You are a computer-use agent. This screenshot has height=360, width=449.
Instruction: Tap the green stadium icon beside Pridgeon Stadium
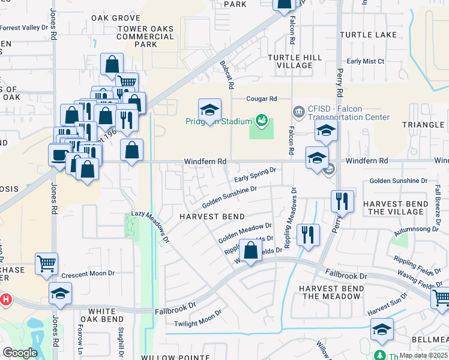(x=261, y=121)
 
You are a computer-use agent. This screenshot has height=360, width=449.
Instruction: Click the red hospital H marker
(x=5, y=299)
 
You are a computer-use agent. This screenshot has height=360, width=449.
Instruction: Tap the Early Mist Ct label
(x=366, y=61)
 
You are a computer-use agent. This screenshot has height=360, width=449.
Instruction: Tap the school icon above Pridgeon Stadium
(x=210, y=110)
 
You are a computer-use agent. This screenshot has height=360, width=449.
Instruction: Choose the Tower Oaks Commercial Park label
(x=145, y=37)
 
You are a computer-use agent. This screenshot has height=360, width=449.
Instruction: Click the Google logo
(x=20, y=353)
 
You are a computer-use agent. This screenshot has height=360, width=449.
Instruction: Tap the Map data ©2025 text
(x=423, y=355)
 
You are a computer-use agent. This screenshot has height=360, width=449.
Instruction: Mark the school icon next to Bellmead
(x=382, y=329)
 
